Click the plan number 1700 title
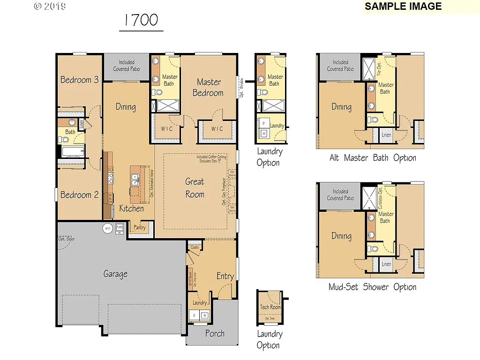pyautogui.click(x=141, y=20)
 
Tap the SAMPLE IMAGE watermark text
pyautogui.click(x=403, y=7)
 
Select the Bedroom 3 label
pyautogui.click(x=79, y=80)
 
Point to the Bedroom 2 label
pyautogui.click(x=79, y=195)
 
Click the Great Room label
pyautogui.click(x=195, y=187)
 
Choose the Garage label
pyautogui.click(x=115, y=274)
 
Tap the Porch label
pyautogui.click(x=215, y=334)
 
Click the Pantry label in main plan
pyautogui.click(x=140, y=228)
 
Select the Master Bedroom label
pyautogui.click(x=208, y=87)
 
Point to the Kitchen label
pyautogui.click(x=131, y=208)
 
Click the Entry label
pyautogui.click(x=225, y=276)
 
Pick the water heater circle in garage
pyautogui.click(x=108, y=229)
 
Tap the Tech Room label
pyautogui.click(x=270, y=307)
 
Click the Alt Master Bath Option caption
pyautogui.click(x=373, y=158)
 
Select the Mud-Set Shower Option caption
pyautogui.click(x=372, y=287)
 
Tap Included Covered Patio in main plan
pyautogui.click(x=126, y=66)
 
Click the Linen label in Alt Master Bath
pyautogui.click(x=386, y=135)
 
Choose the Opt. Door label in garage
pyautogui.click(x=66, y=239)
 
